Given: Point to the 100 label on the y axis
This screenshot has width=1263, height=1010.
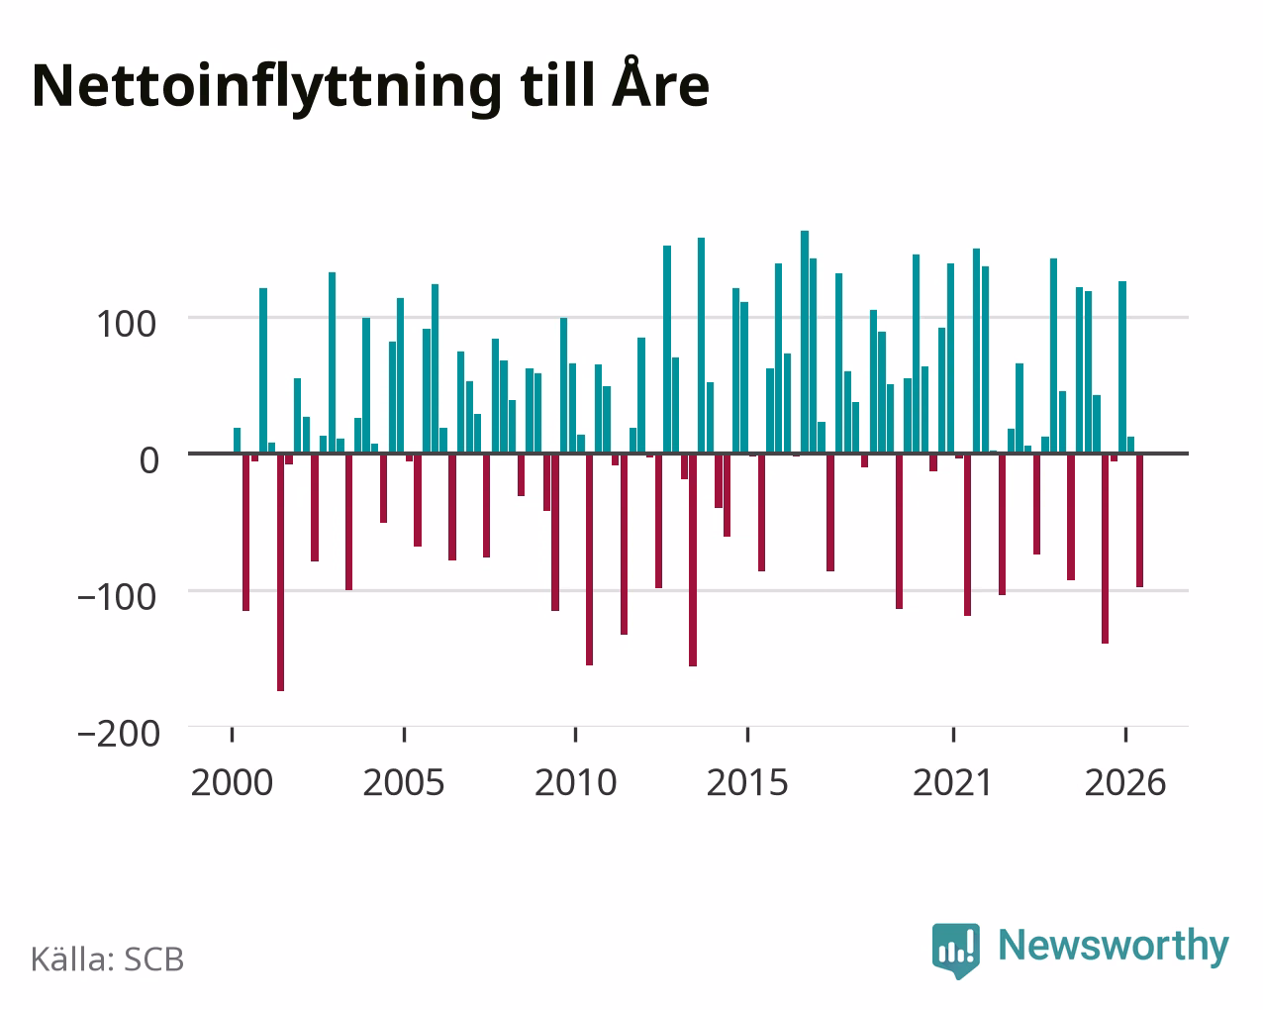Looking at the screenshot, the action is click(127, 324).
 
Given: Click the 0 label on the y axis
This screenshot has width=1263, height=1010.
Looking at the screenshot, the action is click(149, 460).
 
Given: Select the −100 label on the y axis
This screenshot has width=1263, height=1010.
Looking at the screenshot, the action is click(118, 597).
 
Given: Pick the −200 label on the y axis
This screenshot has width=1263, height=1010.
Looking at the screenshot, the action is click(119, 734).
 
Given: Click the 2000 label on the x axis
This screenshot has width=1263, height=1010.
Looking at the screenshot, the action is click(233, 782).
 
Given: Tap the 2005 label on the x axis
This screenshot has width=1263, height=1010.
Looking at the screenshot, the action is click(404, 782).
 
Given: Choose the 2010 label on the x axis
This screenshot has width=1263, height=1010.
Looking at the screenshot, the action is click(576, 782).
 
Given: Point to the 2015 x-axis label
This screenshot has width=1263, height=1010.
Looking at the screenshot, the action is click(747, 782).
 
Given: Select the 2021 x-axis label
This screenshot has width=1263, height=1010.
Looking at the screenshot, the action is click(952, 782).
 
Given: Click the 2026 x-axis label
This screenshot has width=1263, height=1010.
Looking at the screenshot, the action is click(1125, 782).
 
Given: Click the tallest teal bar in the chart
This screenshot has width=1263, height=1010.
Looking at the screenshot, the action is click(805, 342).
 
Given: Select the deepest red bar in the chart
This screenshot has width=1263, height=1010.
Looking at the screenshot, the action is click(280, 572).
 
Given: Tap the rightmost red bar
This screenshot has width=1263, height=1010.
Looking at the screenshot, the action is click(1139, 520).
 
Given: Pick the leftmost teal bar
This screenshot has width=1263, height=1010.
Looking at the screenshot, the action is click(238, 441).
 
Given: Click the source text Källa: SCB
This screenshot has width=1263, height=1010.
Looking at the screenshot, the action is click(108, 959).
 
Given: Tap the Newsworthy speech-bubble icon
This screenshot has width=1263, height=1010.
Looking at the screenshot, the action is click(956, 951).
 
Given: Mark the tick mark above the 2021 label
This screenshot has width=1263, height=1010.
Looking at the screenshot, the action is click(954, 735).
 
